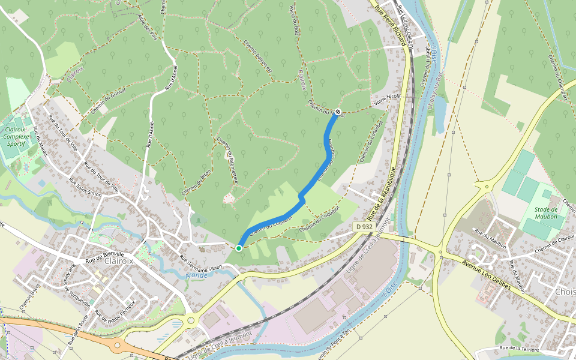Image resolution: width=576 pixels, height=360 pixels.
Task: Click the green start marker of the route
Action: click(x=239, y=248)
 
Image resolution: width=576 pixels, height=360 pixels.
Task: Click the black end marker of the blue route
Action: click(x=338, y=112)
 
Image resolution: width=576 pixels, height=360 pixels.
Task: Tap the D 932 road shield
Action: click(x=364, y=227)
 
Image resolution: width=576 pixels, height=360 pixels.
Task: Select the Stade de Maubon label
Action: click(x=546, y=212)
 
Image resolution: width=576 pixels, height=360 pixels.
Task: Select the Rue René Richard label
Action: click(x=391, y=26)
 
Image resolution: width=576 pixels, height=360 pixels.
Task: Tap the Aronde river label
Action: click(x=197, y=275)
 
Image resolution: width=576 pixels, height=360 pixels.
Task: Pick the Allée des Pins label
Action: click(x=147, y=28)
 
